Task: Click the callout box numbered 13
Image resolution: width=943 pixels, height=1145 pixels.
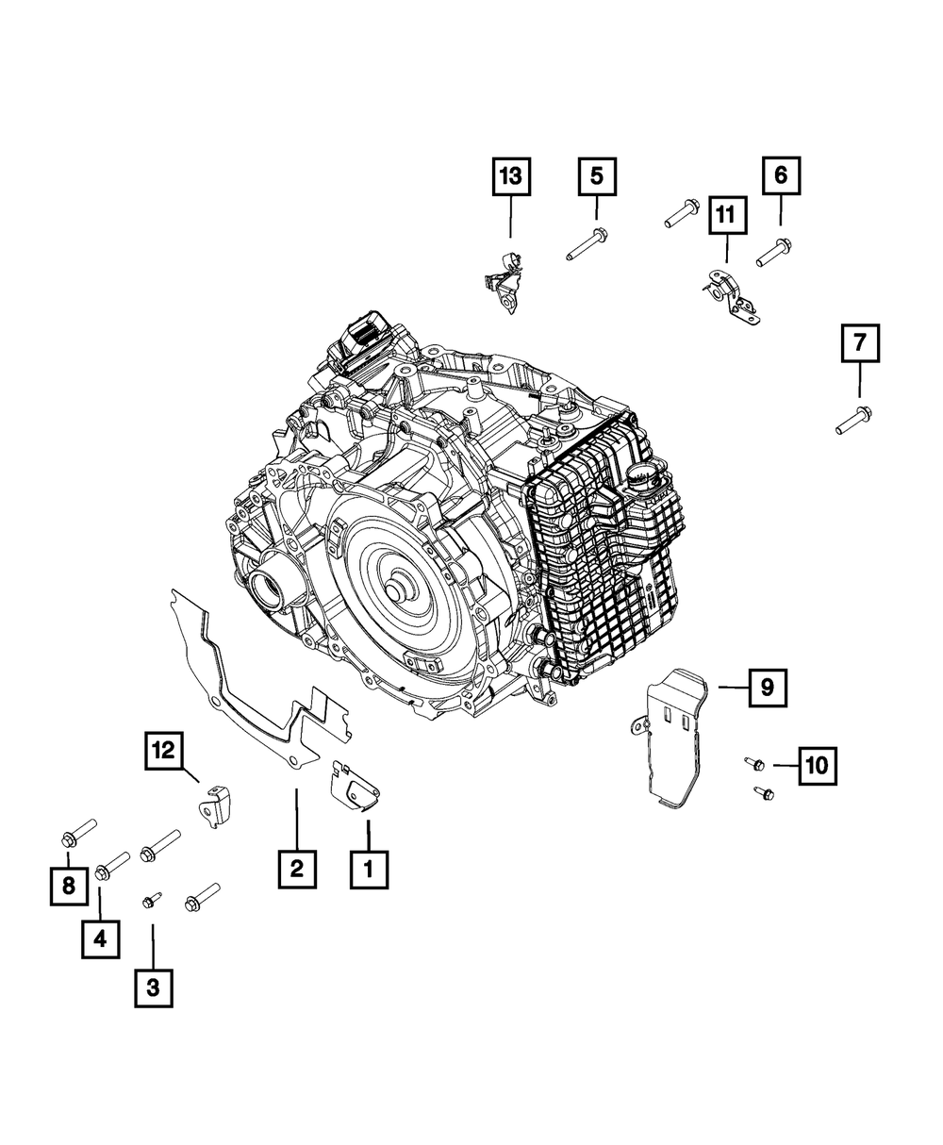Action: [511, 176]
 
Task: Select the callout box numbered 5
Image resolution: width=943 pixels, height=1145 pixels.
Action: [597, 176]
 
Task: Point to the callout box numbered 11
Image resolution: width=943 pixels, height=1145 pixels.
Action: [726, 214]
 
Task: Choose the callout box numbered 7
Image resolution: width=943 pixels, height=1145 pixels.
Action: [860, 342]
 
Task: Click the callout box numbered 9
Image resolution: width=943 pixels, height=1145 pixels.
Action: [768, 688]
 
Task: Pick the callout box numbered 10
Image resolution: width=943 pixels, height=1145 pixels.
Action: [818, 766]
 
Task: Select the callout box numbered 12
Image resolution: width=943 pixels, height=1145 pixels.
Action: [164, 751]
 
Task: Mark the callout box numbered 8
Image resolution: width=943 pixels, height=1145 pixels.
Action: [69, 885]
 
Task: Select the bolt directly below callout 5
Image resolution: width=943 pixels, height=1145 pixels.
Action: [587, 243]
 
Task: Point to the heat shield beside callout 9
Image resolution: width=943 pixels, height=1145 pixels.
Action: [669, 740]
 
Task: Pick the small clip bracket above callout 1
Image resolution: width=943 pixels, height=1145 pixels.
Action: [354, 786]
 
